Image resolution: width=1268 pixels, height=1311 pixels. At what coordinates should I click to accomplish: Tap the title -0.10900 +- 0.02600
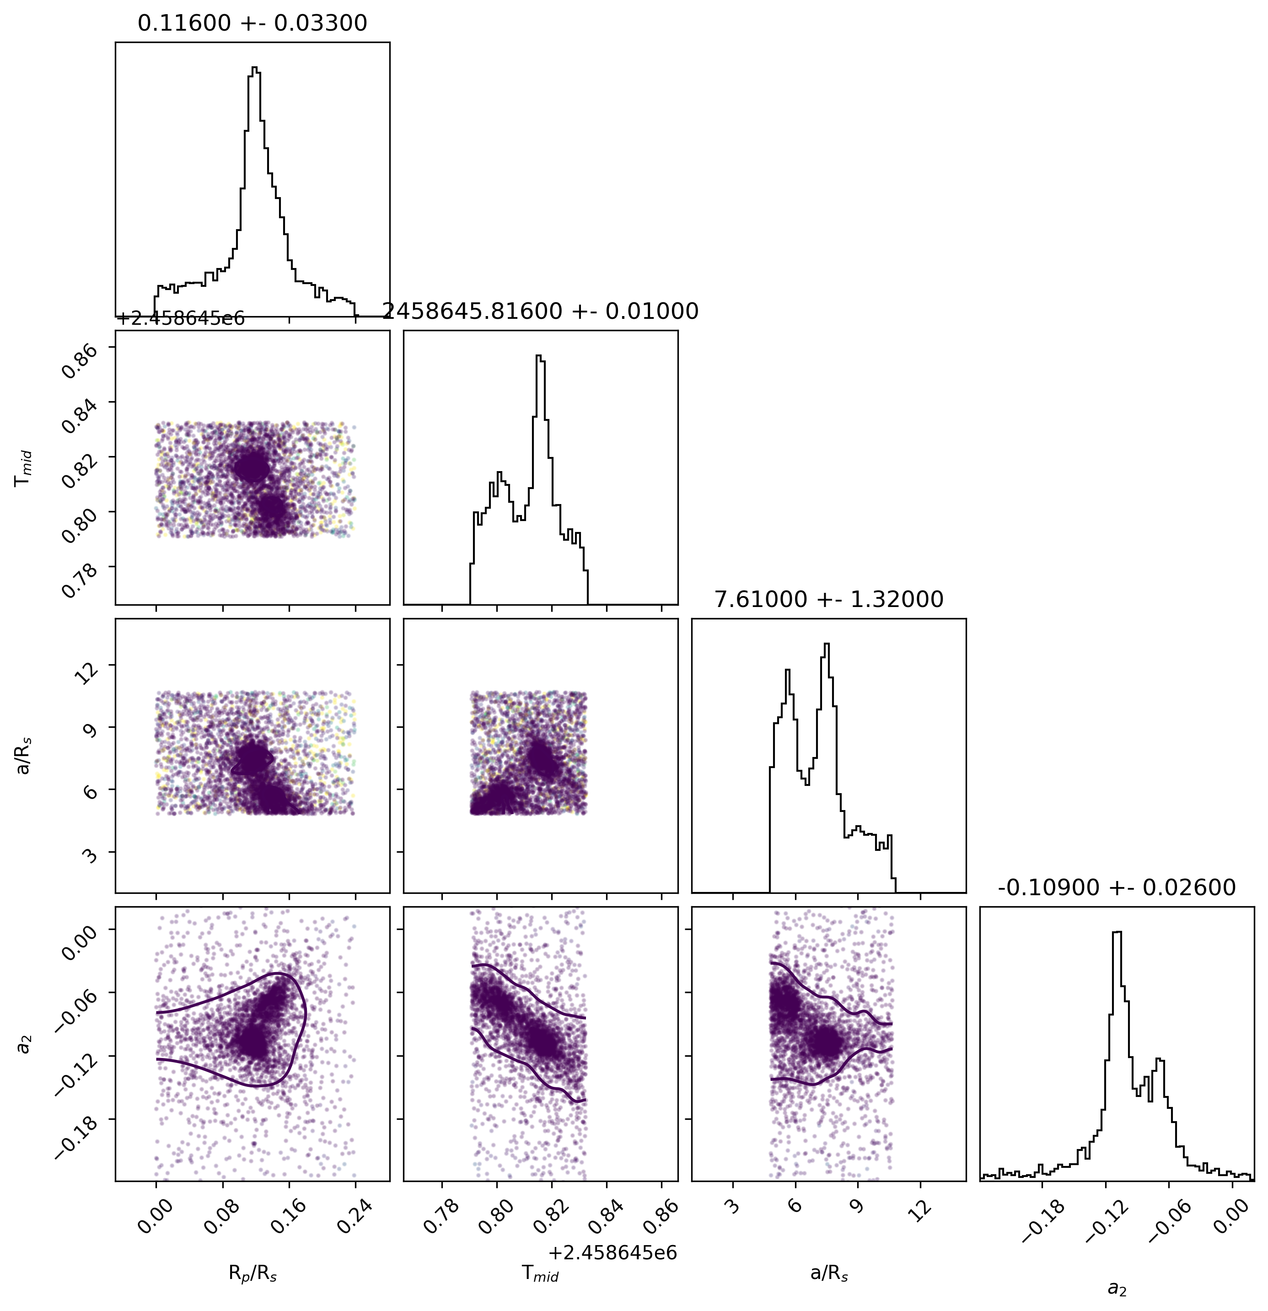[1116, 887]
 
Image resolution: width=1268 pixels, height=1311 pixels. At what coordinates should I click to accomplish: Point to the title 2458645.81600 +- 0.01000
[540, 311]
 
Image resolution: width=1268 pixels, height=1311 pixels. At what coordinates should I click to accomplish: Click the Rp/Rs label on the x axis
[253, 1274]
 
